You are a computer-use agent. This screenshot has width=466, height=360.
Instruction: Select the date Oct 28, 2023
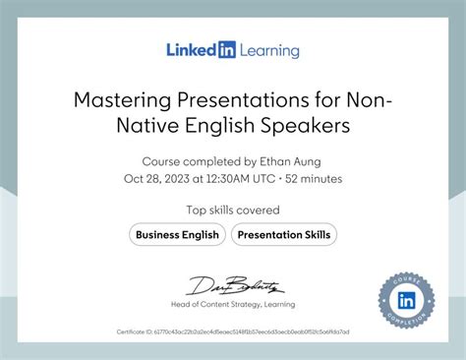point(155,178)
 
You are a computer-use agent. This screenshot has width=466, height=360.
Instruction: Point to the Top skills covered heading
point(233,210)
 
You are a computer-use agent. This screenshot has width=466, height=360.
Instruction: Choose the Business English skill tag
point(177,235)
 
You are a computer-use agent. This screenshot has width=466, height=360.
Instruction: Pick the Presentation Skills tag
point(285,235)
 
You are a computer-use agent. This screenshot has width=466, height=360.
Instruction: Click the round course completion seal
point(406,300)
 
